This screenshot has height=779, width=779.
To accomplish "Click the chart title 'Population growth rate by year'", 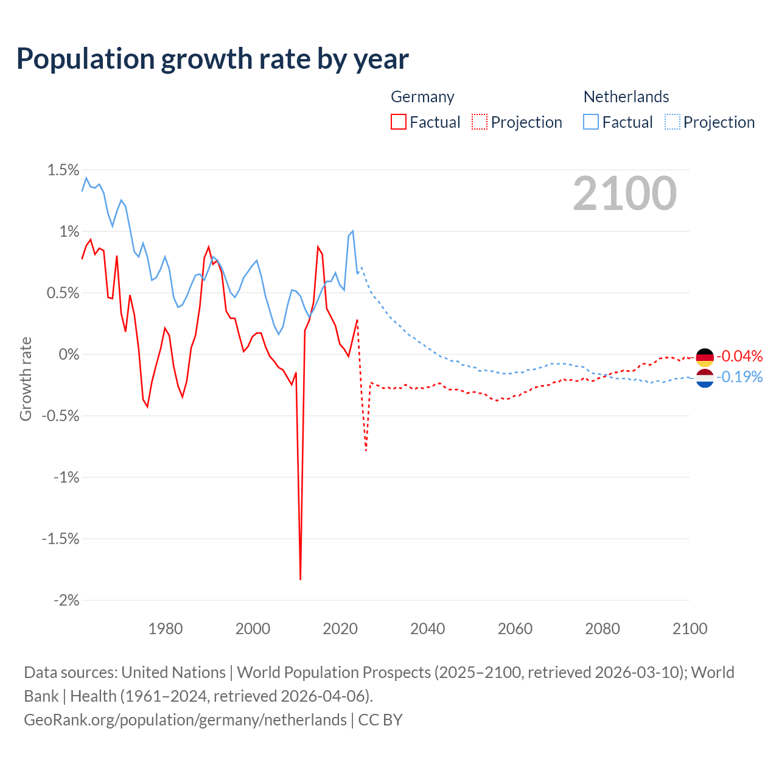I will tap(212, 59).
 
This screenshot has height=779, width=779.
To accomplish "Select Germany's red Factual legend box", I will tap(399, 122).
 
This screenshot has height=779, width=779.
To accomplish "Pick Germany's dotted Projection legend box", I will tap(480, 122).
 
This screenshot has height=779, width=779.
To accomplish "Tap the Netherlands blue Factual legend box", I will tap(591, 122).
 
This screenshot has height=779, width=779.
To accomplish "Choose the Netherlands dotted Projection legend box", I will tap(672, 122).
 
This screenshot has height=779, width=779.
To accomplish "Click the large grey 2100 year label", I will tap(624, 194).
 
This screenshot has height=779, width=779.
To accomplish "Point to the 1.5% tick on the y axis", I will tap(63, 170).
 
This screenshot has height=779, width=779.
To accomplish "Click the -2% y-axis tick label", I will tap(66, 601).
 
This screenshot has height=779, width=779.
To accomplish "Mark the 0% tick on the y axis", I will tap(69, 354).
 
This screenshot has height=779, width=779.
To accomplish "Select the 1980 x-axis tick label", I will tap(166, 629).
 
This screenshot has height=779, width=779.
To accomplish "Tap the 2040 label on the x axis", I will tap(427, 629).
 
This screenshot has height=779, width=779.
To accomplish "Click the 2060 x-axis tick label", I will tap(515, 629).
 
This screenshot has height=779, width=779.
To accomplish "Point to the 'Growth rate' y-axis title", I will tap(26, 379).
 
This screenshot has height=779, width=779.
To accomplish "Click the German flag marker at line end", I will tap(705, 357).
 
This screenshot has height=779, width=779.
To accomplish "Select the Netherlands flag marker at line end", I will tap(705, 378).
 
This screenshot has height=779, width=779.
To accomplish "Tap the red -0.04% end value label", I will tap(739, 356).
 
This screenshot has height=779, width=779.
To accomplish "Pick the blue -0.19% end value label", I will tap(739, 377).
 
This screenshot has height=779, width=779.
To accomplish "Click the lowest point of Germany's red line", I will tap(301, 579).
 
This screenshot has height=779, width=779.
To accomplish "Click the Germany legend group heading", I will tap(422, 97).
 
